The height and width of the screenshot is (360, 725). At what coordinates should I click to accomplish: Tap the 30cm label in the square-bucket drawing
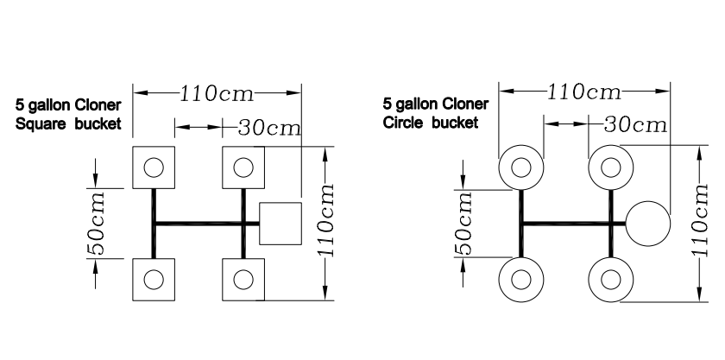pos(269,128)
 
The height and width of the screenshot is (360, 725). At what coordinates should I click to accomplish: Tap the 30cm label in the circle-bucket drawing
pos(635,125)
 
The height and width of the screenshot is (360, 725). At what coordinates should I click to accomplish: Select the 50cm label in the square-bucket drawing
pos(97,224)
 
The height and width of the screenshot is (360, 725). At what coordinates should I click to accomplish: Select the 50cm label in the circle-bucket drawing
pos(463,224)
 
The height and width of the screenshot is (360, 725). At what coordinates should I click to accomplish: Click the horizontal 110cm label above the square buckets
pos(217,94)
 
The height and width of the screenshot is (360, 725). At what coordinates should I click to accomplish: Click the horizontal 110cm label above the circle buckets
pos(584,92)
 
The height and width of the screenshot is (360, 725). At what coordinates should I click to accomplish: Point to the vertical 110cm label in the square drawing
pos(325,220)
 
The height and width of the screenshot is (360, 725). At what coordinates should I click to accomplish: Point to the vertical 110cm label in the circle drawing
pos(700,220)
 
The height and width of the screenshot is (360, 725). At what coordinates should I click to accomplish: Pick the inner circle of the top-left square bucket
pos(154,158)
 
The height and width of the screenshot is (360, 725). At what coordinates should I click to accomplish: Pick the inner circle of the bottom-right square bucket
pos(243,269)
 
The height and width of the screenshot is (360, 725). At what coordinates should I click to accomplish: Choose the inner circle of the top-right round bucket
pos(611,158)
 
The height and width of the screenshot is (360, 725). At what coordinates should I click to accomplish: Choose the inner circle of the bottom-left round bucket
pos(521,270)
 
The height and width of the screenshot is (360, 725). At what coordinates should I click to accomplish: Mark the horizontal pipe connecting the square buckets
pos(206,224)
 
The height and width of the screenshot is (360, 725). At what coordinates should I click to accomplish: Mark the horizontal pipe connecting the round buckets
pos(573,224)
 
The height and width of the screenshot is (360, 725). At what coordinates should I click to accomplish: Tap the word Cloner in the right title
pos(464,104)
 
